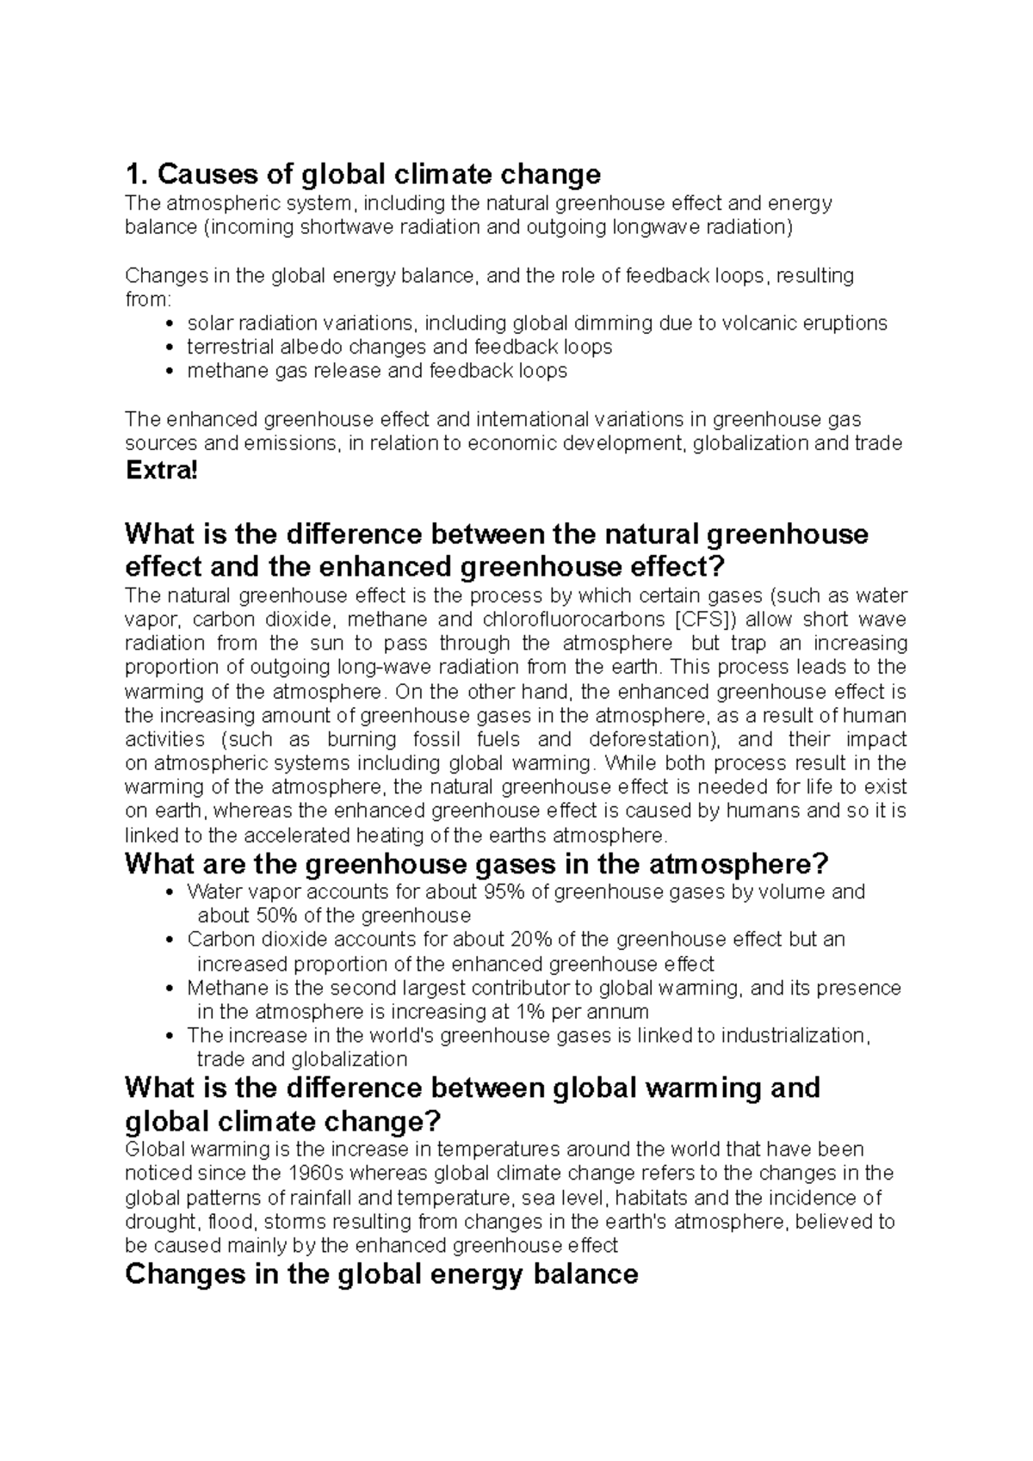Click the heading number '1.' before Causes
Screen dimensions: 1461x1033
click(136, 175)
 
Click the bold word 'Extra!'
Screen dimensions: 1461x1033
click(161, 472)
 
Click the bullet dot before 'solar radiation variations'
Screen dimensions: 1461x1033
click(168, 324)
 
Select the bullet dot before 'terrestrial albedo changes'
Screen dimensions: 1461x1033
click(168, 348)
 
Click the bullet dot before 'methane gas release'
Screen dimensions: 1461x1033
click(168, 372)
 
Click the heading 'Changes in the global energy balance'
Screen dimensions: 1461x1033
click(381, 1274)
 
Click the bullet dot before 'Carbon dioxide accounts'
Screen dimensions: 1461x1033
click(168, 940)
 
